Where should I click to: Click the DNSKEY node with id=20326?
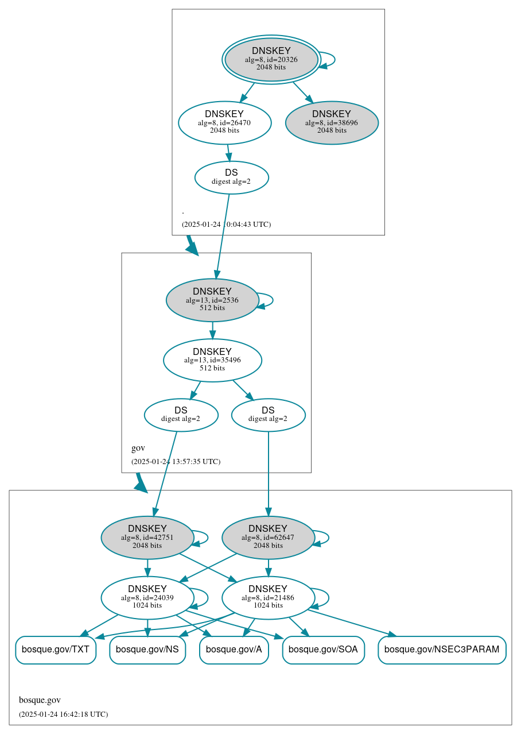point(271,59)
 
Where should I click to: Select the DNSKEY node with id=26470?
point(224,122)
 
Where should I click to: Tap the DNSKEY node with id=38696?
point(332,122)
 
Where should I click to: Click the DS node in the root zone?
point(231,177)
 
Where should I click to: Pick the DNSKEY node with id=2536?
point(212,300)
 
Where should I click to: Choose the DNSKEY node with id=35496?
point(212,360)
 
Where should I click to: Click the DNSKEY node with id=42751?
point(147,538)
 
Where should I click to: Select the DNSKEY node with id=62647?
point(268,538)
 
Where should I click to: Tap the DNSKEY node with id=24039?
point(147,598)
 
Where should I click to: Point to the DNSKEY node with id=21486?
point(268,598)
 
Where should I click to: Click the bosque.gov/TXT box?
point(55,650)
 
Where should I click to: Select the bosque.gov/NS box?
point(147,650)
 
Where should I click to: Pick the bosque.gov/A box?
point(234,650)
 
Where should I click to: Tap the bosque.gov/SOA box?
point(323,650)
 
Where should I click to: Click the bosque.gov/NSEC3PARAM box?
point(441,650)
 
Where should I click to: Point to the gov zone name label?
point(138,448)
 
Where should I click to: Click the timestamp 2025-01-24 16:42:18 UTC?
point(63,714)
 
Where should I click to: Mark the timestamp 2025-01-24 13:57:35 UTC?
point(176,462)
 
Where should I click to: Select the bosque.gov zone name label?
point(40,700)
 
